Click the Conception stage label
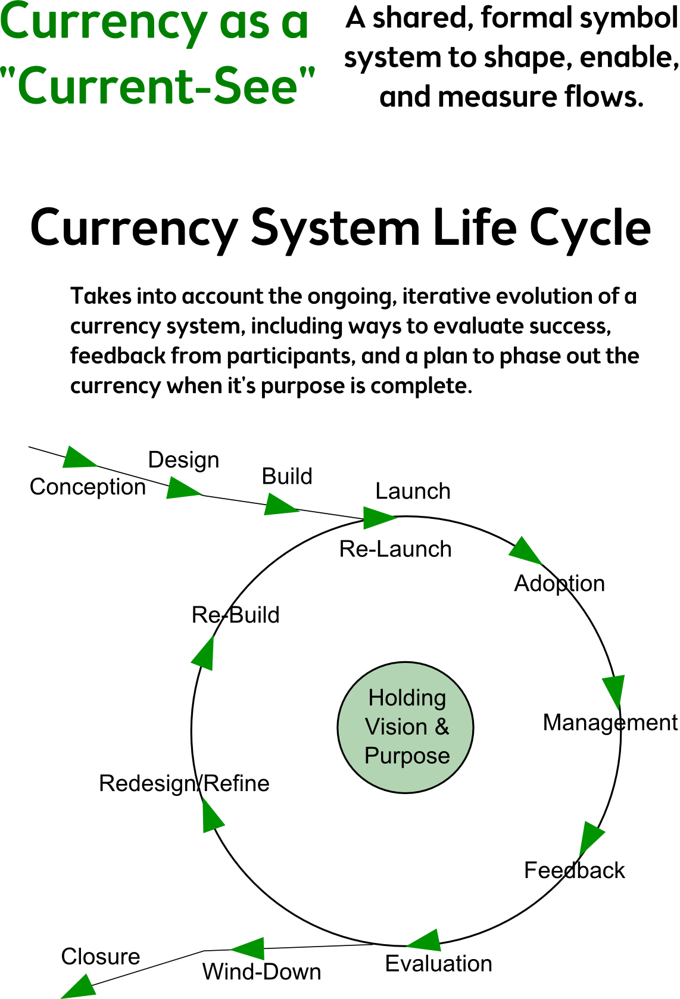point(88,487)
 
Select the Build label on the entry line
point(287,477)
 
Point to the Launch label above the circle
point(413,491)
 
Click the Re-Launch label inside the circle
point(395,549)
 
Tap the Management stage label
point(610,723)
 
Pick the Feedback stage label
point(575,870)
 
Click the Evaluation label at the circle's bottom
point(439,964)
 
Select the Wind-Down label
point(262,972)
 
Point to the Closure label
point(101,957)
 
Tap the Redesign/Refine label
point(184,783)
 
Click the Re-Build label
point(235,615)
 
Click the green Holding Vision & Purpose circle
point(405,727)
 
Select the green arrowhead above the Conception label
point(79,458)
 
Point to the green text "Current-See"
point(158,85)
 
